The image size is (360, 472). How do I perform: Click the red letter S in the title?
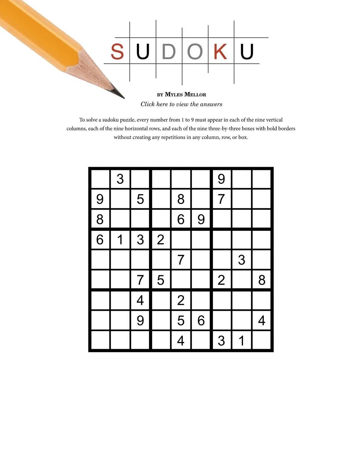tap(117, 52)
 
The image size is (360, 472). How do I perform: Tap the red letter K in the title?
tap(220, 52)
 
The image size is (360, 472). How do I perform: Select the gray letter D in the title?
tap(169, 52)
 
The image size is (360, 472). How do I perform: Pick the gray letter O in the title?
tap(195, 52)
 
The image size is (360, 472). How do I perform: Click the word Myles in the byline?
tap(174, 94)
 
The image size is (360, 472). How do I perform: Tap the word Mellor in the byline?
tap(195, 94)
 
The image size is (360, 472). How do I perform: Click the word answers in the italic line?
tap(211, 104)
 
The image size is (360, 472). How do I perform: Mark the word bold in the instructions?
tap(272, 129)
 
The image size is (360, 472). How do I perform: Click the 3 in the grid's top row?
tap(120, 179)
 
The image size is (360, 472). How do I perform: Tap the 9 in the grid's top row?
tap(221, 179)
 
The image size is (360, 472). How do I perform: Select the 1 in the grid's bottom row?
tap(241, 341)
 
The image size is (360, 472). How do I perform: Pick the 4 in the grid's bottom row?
tap(181, 341)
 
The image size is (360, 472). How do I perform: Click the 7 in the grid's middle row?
tap(181, 260)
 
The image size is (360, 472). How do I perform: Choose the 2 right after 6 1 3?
tap(160, 240)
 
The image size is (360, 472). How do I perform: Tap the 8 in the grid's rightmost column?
tap(262, 280)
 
